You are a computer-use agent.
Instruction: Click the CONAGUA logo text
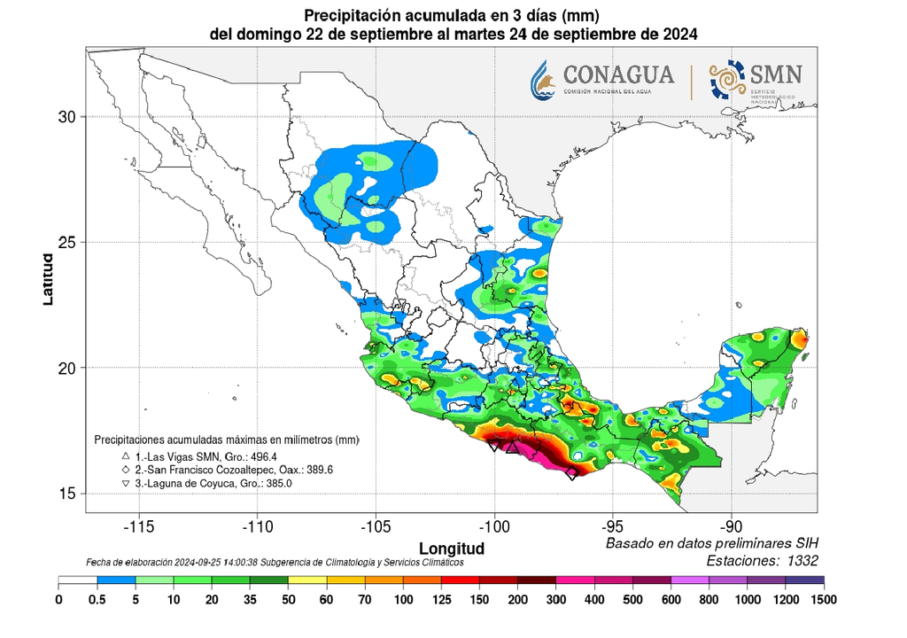click(x=618, y=74)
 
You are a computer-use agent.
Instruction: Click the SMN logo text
click(x=776, y=74)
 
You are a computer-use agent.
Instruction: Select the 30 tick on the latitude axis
click(x=67, y=116)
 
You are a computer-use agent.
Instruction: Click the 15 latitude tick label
click(x=67, y=494)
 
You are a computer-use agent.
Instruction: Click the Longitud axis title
click(x=452, y=547)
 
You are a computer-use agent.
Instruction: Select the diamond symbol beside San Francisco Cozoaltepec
click(x=127, y=469)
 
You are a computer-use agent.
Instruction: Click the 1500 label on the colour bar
click(x=824, y=599)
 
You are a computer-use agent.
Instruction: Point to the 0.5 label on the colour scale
click(x=97, y=599)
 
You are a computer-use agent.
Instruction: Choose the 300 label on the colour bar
click(x=556, y=599)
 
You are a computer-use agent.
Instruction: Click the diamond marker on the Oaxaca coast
click(x=571, y=473)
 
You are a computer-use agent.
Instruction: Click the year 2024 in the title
click(x=679, y=35)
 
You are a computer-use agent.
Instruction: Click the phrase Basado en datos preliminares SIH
click(x=711, y=543)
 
